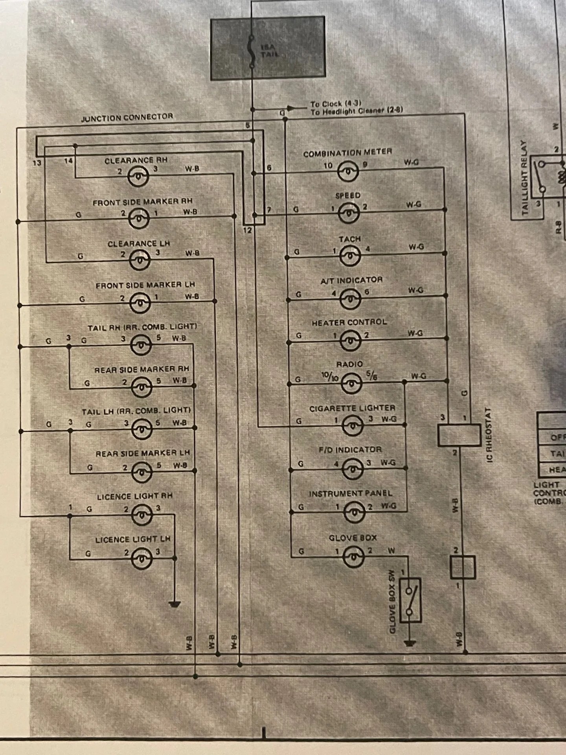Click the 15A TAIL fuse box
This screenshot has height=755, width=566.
pos(268,48)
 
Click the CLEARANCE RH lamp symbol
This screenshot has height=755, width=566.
pos(138,176)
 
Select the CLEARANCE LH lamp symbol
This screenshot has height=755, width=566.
pos(140,260)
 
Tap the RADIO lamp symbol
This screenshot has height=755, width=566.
pos(351,383)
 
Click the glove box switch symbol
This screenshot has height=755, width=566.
pos(410,600)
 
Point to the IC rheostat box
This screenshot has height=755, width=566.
pos(459,435)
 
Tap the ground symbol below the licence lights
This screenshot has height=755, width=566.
pos(174,604)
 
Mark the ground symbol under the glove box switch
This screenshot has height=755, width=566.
pos(410,644)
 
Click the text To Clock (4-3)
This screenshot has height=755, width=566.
pos(335,104)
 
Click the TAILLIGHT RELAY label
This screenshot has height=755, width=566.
pos(524,177)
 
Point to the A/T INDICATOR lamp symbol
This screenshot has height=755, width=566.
pos(350,298)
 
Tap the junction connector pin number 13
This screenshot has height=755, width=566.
pos(37,162)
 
